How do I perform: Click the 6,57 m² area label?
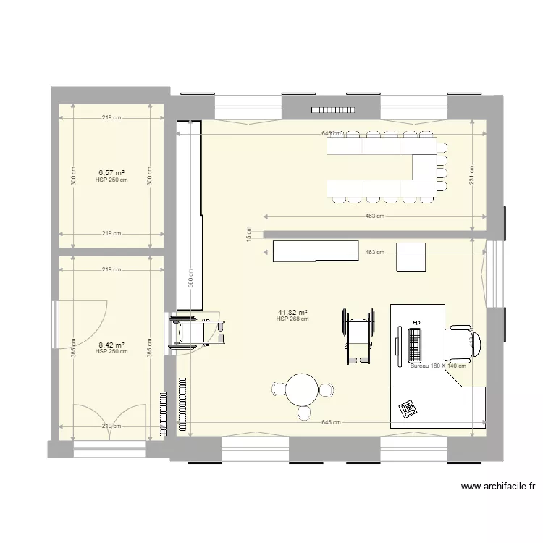111,173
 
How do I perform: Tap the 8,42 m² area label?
111,345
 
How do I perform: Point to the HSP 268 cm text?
292,319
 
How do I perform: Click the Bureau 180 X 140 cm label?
437,366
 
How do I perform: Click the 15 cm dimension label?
248,235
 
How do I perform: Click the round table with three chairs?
301,391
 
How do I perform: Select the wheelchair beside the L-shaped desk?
358,334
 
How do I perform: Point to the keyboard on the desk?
415,345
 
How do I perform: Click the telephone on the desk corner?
408,407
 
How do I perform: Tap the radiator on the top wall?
333,110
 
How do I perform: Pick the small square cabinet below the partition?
411,256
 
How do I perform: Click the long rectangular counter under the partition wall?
316,251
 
